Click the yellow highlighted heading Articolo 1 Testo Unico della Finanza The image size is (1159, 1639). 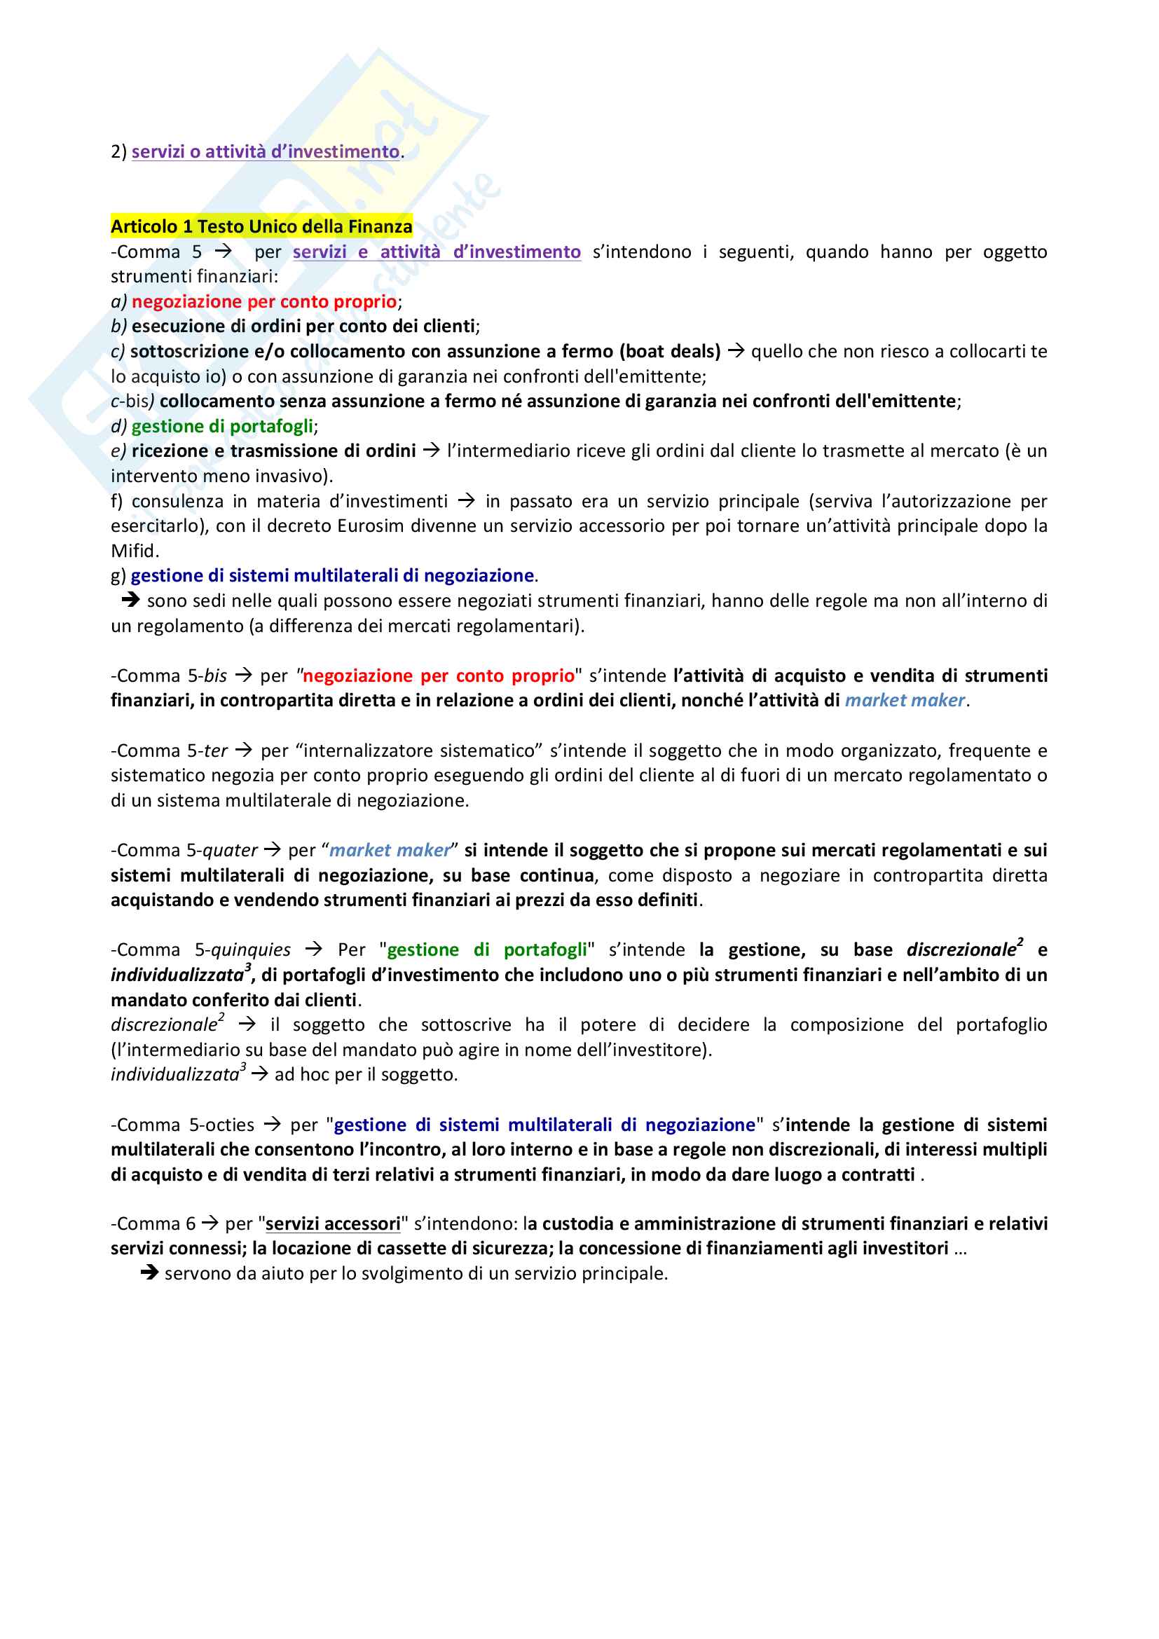tap(261, 226)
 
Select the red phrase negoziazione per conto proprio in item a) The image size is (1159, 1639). tap(264, 301)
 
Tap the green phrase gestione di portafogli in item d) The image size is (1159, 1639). tap(222, 426)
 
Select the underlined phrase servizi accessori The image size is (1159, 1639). tap(333, 1223)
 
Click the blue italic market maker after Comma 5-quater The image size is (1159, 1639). tap(390, 850)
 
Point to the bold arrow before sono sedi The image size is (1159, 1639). tap(130, 601)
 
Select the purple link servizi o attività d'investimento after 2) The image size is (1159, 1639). tap(266, 151)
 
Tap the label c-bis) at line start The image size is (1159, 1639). tap(132, 402)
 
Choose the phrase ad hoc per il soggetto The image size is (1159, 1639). tap(366, 1074)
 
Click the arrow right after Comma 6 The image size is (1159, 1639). tap(210, 1223)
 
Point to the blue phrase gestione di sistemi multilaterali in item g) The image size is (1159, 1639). tap(333, 575)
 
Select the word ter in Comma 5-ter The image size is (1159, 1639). tap(216, 750)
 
